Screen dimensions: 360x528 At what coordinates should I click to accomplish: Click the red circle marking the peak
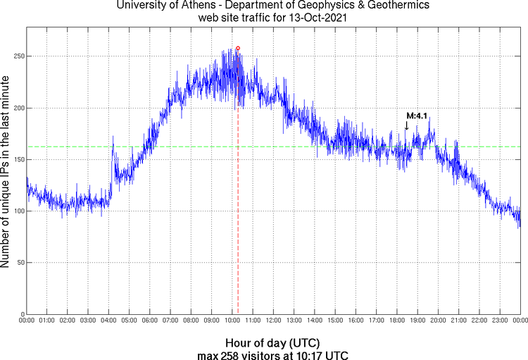pyautogui.click(x=238, y=49)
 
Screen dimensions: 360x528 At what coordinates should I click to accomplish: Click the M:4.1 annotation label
pyautogui.click(x=417, y=116)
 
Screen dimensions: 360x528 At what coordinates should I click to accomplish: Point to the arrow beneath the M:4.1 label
pyautogui.click(x=406, y=125)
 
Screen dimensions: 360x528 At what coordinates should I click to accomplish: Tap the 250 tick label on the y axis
pyautogui.click(x=15, y=56)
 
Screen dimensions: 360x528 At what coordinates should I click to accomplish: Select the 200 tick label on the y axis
pyautogui.click(x=15, y=108)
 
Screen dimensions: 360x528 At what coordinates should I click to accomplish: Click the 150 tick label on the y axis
pyautogui.click(x=15, y=159)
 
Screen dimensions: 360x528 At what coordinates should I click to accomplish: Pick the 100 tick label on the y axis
pyautogui.click(x=15, y=211)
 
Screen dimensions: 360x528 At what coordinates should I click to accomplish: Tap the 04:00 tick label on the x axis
pyautogui.click(x=109, y=321)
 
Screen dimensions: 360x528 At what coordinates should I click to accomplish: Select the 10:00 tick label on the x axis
pyautogui.click(x=232, y=321)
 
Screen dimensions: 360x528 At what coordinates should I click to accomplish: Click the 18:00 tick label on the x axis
pyautogui.click(x=397, y=321)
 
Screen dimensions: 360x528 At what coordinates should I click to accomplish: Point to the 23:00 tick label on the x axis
pyautogui.click(x=500, y=321)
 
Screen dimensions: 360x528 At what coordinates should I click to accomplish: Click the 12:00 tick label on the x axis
pyautogui.click(x=274, y=321)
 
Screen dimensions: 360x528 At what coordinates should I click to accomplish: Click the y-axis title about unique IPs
pyautogui.click(x=6, y=173)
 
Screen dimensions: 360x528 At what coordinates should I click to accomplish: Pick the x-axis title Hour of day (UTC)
pyautogui.click(x=273, y=343)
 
